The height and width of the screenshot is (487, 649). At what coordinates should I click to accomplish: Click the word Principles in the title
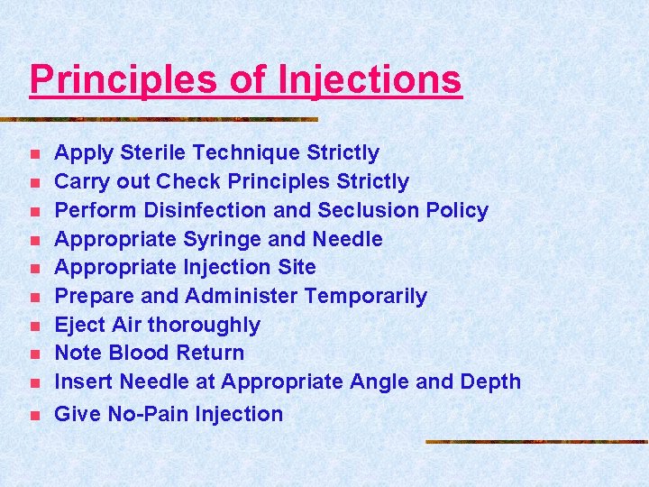(123, 79)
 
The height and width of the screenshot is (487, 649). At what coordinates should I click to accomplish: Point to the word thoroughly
(205, 325)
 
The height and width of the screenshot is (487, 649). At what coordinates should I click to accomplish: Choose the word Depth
(490, 381)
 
